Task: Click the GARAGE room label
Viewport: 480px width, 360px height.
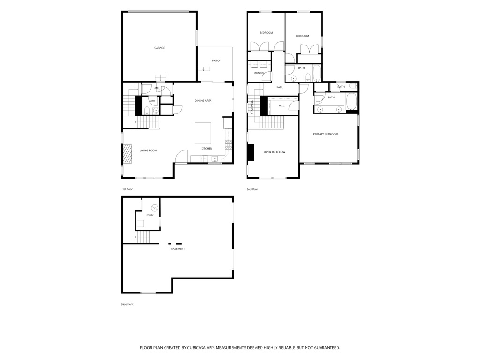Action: [x=159, y=48]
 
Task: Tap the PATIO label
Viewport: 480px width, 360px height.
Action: [x=216, y=60]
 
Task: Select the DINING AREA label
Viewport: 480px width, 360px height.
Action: [x=203, y=101]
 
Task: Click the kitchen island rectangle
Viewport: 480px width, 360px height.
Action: [x=203, y=133]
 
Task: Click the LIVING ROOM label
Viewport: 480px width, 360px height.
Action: [x=148, y=150]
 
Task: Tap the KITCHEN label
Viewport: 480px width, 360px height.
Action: [x=207, y=149]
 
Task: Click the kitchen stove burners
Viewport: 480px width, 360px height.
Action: [x=228, y=145]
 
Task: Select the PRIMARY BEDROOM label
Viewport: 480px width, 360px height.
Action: [x=325, y=134]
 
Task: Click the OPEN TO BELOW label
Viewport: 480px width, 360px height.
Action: [x=274, y=152]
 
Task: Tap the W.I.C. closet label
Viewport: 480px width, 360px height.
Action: [x=282, y=106]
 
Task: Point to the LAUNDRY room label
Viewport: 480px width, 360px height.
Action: [x=259, y=73]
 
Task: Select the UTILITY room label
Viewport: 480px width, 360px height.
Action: [x=150, y=215]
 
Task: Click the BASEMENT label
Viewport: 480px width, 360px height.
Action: [x=178, y=249]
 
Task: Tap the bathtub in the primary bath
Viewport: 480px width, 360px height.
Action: [x=352, y=101]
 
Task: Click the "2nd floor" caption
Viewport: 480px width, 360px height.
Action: [x=252, y=189]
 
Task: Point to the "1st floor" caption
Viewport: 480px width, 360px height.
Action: [x=127, y=189]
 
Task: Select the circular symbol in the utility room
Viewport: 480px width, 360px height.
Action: [x=155, y=208]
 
